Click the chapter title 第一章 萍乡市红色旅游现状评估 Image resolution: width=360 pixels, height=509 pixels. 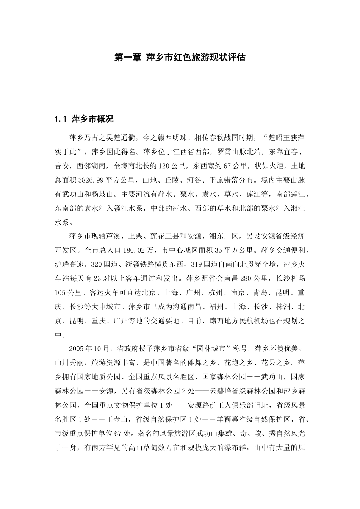pos(180,57)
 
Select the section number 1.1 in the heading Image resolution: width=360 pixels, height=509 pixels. pos(61,119)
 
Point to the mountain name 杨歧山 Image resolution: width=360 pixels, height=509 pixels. pos(102,194)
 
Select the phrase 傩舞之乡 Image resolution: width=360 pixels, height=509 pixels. pos(199,362)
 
